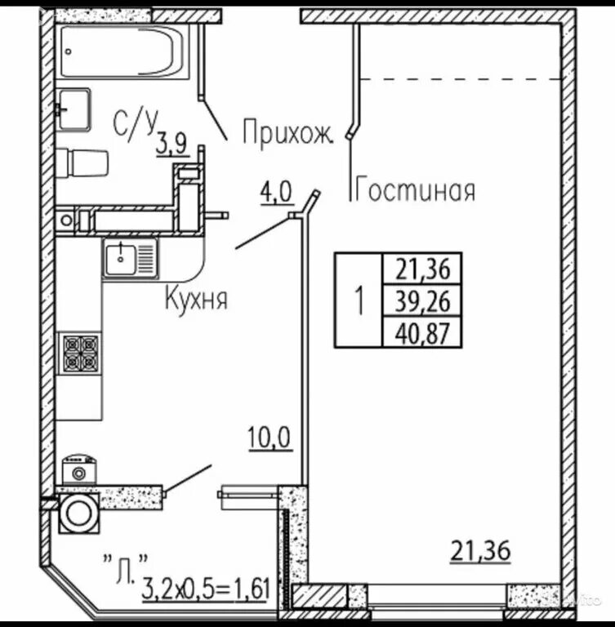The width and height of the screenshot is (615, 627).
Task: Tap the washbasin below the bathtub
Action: tap(74, 109)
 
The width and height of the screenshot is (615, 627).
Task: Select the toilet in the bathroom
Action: tap(82, 162)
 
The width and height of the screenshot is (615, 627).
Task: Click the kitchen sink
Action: tap(131, 257)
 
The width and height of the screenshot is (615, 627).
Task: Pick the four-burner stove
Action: tap(81, 353)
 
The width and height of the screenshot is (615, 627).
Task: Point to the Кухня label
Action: tap(196, 298)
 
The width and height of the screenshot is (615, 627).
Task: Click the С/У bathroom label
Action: tap(134, 124)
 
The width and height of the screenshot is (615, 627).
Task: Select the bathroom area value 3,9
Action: tap(172, 144)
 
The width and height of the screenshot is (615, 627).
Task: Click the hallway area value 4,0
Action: tap(277, 193)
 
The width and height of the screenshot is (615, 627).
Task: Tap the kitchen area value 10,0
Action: tap(270, 438)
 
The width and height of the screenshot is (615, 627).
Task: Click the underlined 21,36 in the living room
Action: tap(480, 550)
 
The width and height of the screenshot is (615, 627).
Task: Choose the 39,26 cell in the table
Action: tap(422, 300)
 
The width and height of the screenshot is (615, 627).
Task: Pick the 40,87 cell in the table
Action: tap(422, 332)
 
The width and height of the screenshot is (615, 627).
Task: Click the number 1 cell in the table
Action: tap(359, 300)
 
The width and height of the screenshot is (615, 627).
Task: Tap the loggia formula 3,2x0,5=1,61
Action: tap(206, 589)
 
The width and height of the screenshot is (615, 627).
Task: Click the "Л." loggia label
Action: tap(126, 568)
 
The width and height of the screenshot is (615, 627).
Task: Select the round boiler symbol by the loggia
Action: tap(78, 513)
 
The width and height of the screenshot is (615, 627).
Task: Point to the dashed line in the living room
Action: tap(461, 79)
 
